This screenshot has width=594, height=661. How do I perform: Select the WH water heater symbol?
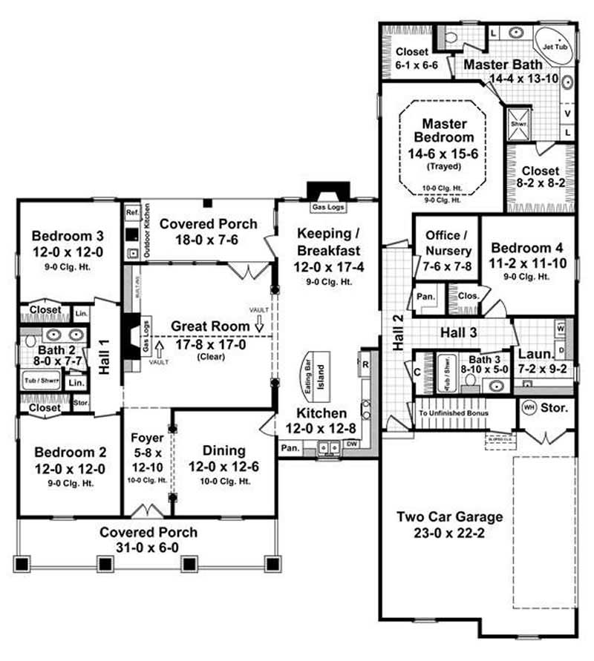point(529,407)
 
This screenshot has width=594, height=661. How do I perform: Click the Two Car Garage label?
point(449,517)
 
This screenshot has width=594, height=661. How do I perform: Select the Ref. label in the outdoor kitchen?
point(132,213)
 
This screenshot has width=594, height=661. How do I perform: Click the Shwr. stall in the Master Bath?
point(513,123)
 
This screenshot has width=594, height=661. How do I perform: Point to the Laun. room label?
point(532,354)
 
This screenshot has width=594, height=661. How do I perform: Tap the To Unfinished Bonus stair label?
point(452,413)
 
